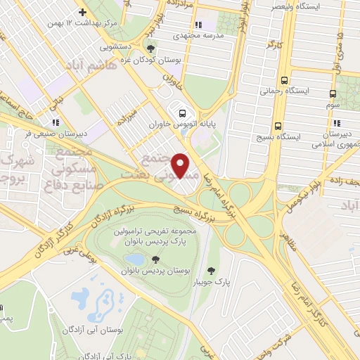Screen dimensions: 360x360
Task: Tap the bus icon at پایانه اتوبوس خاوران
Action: (182, 112)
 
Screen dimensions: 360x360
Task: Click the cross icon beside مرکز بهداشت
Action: (83, 12)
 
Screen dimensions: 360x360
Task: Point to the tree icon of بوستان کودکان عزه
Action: (151, 48)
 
